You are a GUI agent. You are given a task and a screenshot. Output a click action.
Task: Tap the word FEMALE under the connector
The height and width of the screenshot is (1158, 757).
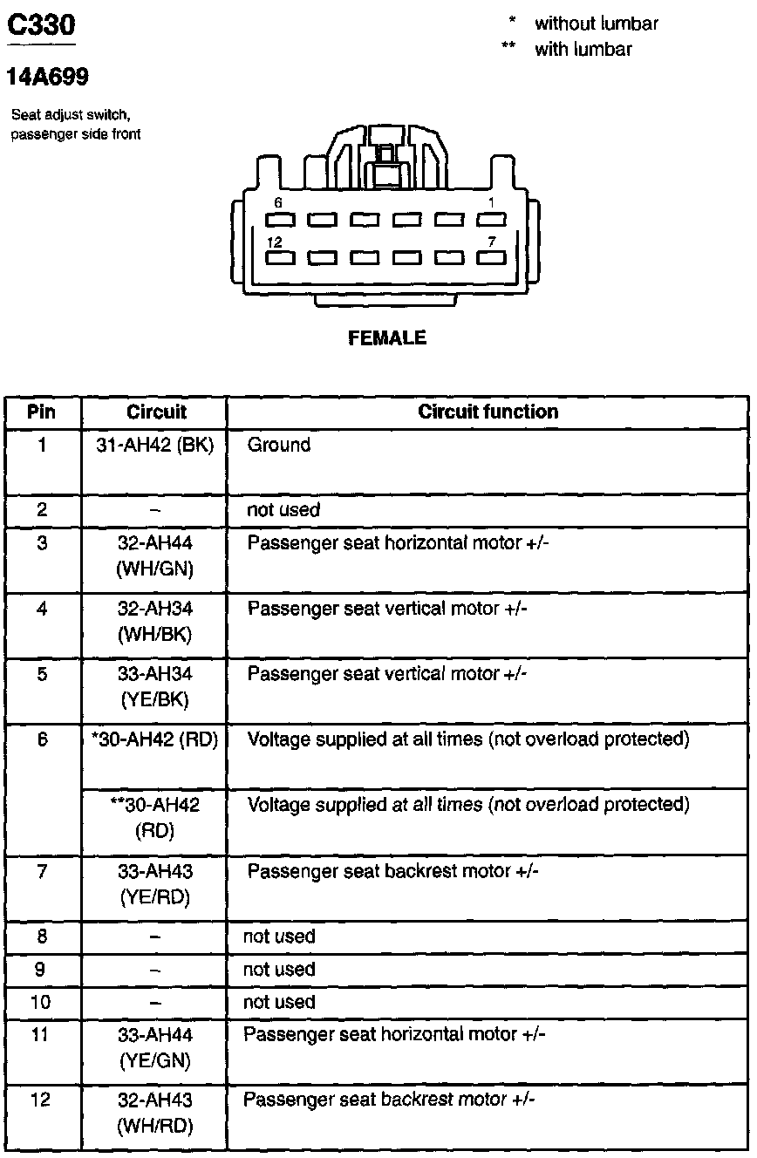(387, 338)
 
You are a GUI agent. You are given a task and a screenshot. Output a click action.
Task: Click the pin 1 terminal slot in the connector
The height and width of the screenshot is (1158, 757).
(491, 219)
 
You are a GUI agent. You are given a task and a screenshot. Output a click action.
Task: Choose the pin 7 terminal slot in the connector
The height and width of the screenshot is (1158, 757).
(491, 258)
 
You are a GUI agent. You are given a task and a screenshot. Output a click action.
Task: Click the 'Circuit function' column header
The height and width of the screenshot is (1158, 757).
(488, 412)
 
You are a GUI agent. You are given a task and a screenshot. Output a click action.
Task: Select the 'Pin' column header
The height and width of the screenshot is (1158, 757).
(42, 412)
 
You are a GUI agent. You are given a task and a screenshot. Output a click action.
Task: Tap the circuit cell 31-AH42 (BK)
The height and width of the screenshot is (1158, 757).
(154, 446)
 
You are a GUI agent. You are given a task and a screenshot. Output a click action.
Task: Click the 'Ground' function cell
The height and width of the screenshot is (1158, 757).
(279, 446)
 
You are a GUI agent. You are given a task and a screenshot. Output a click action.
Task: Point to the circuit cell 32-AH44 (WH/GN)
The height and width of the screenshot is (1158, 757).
(154, 555)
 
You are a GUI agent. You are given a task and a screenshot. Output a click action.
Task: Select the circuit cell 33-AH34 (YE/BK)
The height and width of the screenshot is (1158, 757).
(154, 686)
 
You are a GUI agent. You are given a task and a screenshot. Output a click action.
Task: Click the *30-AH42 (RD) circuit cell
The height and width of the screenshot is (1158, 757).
(154, 740)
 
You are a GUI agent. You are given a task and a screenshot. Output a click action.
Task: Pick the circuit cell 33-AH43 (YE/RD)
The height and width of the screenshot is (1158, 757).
(154, 883)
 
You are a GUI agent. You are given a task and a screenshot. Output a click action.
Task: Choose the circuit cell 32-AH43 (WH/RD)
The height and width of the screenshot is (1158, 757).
(154, 1113)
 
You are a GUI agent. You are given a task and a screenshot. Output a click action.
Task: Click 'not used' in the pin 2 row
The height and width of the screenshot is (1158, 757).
(283, 510)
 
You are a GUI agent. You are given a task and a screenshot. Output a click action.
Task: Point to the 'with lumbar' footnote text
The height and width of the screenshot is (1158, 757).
(583, 50)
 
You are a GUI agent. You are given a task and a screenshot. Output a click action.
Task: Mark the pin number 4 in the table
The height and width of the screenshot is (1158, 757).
(42, 609)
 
